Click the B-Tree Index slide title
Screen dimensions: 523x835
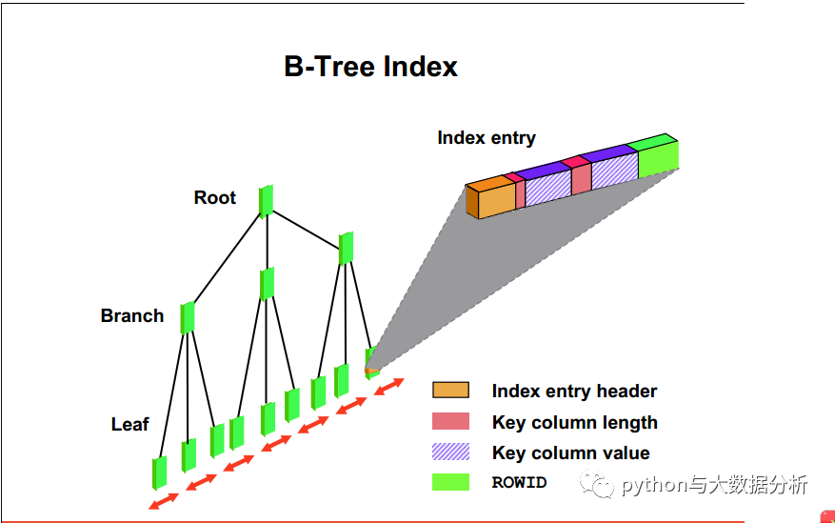tap(370, 67)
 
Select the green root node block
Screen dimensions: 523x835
tap(267, 200)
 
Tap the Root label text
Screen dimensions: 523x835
tap(214, 198)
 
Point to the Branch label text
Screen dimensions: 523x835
tap(132, 316)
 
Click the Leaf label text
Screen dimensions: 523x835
tap(129, 425)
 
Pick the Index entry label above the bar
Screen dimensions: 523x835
tap(486, 138)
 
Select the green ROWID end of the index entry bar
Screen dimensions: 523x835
tap(657, 156)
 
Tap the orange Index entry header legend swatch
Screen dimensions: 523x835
tap(450, 391)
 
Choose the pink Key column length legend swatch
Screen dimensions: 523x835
tap(450, 421)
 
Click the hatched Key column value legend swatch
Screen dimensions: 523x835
tap(450, 452)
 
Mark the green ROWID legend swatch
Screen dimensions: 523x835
tap(450, 482)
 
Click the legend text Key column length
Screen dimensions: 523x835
tap(574, 423)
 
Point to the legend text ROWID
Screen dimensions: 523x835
tap(519, 483)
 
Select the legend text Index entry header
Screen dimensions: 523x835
tap(574, 392)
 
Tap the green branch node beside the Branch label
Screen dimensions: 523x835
tap(188, 317)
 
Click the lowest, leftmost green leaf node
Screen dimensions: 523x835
tap(159, 473)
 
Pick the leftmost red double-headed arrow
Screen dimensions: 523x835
tap(163, 500)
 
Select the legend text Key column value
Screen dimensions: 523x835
tap(570, 453)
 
